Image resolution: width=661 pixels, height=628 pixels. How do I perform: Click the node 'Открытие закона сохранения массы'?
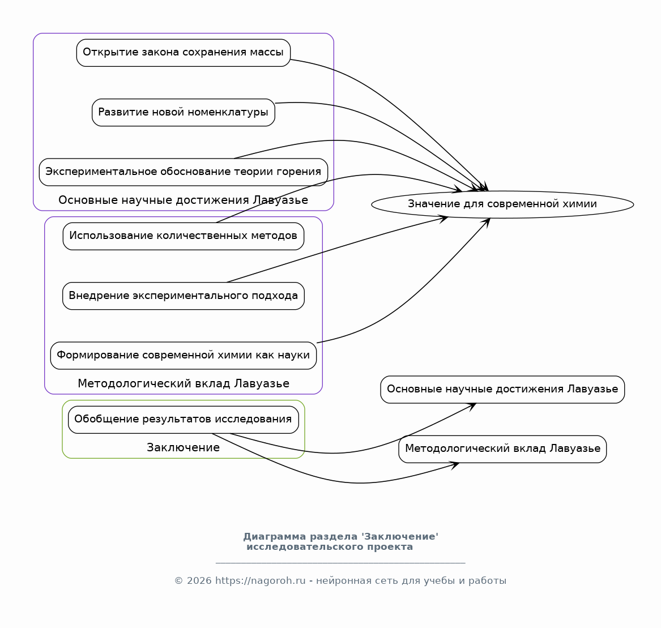pyautogui.click(x=184, y=53)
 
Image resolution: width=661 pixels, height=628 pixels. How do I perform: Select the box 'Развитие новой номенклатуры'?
pyautogui.click(x=184, y=113)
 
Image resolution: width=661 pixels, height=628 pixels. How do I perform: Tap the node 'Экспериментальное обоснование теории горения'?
pyautogui.click(x=184, y=172)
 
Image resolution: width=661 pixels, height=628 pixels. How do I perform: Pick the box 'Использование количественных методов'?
pyautogui.click(x=184, y=236)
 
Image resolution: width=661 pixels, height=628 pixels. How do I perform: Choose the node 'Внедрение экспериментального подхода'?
pyautogui.click(x=184, y=296)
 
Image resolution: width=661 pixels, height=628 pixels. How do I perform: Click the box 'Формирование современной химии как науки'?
pyautogui.click(x=184, y=355)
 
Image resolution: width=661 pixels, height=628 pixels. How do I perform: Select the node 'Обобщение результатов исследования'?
pyautogui.click(x=184, y=420)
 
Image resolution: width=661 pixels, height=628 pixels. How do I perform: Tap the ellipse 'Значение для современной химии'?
pyautogui.click(x=502, y=204)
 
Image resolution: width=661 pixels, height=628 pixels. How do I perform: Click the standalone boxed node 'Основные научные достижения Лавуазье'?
pyautogui.click(x=502, y=390)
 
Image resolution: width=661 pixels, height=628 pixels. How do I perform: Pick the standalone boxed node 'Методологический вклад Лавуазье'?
pyautogui.click(x=502, y=449)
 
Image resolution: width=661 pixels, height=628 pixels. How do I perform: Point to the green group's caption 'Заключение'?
pyautogui.click(x=184, y=447)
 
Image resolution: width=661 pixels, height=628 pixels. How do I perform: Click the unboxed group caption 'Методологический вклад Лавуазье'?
pyautogui.click(x=184, y=383)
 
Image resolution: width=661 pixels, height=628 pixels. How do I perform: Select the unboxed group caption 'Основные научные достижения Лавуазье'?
pyautogui.click(x=184, y=200)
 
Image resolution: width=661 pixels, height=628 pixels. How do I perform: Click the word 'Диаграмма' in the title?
pyautogui.click(x=275, y=536)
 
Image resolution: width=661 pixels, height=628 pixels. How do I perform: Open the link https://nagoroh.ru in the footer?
pyautogui.click(x=260, y=581)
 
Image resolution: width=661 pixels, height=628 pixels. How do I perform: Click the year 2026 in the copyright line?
pyautogui.click(x=199, y=581)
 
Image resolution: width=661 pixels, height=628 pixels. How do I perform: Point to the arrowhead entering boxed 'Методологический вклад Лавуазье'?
pyautogui.click(x=454, y=465)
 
